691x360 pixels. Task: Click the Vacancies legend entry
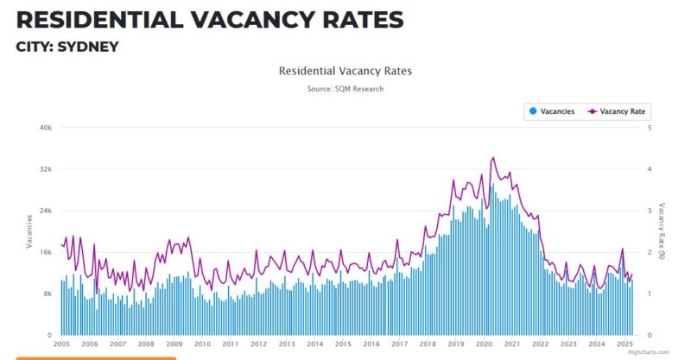click(x=552, y=111)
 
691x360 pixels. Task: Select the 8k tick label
click(x=49, y=294)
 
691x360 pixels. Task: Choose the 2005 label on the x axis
click(x=62, y=344)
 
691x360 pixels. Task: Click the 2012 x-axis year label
click(x=258, y=344)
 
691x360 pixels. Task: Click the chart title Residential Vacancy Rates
click(x=345, y=71)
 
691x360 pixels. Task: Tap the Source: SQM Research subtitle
click(x=345, y=89)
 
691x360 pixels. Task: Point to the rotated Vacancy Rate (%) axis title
click(x=662, y=231)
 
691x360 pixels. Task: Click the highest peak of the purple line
click(x=492, y=158)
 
